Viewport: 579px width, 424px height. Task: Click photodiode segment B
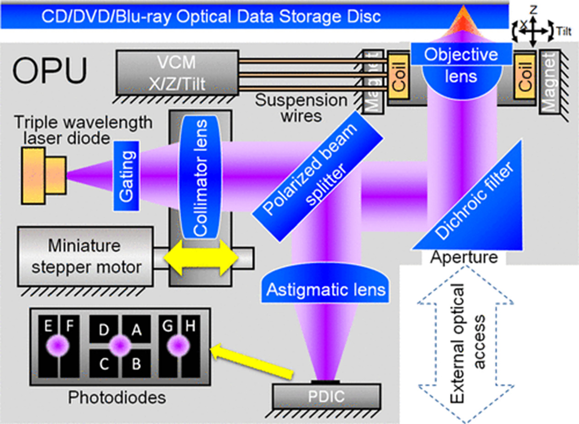(x=136, y=365)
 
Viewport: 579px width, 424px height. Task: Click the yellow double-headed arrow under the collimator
(x=201, y=258)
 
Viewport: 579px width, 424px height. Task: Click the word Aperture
(x=463, y=257)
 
